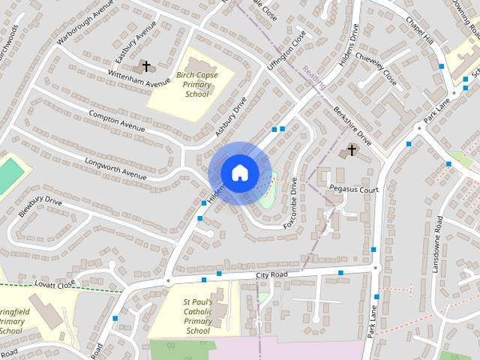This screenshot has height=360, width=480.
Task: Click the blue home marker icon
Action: click(x=239, y=172)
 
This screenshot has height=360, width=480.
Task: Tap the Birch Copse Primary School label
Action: click(x=197, y=85)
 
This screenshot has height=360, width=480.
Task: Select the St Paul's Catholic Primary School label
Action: click(x=198, y=316)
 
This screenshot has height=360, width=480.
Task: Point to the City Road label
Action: click(x=271, y=275)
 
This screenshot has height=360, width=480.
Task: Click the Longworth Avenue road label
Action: click(x=115, y=168)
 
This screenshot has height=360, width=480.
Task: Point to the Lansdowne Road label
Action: click(x=439, y=244)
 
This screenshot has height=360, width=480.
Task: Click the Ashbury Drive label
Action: click(x=231, y=116)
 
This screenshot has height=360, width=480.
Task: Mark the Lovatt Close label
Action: click(x=55, y=284)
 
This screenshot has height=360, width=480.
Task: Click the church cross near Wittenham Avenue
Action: click(x=146, y=67)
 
